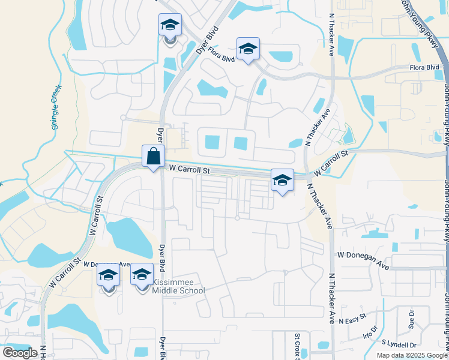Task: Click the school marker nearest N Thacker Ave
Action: [x=282, y=179]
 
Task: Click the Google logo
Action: [x=20, y=353]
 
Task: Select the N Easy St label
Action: [x=352, y=322]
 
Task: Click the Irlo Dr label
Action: [x=370, y=335]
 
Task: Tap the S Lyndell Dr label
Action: [x=399, y=344]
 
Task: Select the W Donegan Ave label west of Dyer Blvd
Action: [x=107, y=264]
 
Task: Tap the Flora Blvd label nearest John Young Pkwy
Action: [x=424, y=68]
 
